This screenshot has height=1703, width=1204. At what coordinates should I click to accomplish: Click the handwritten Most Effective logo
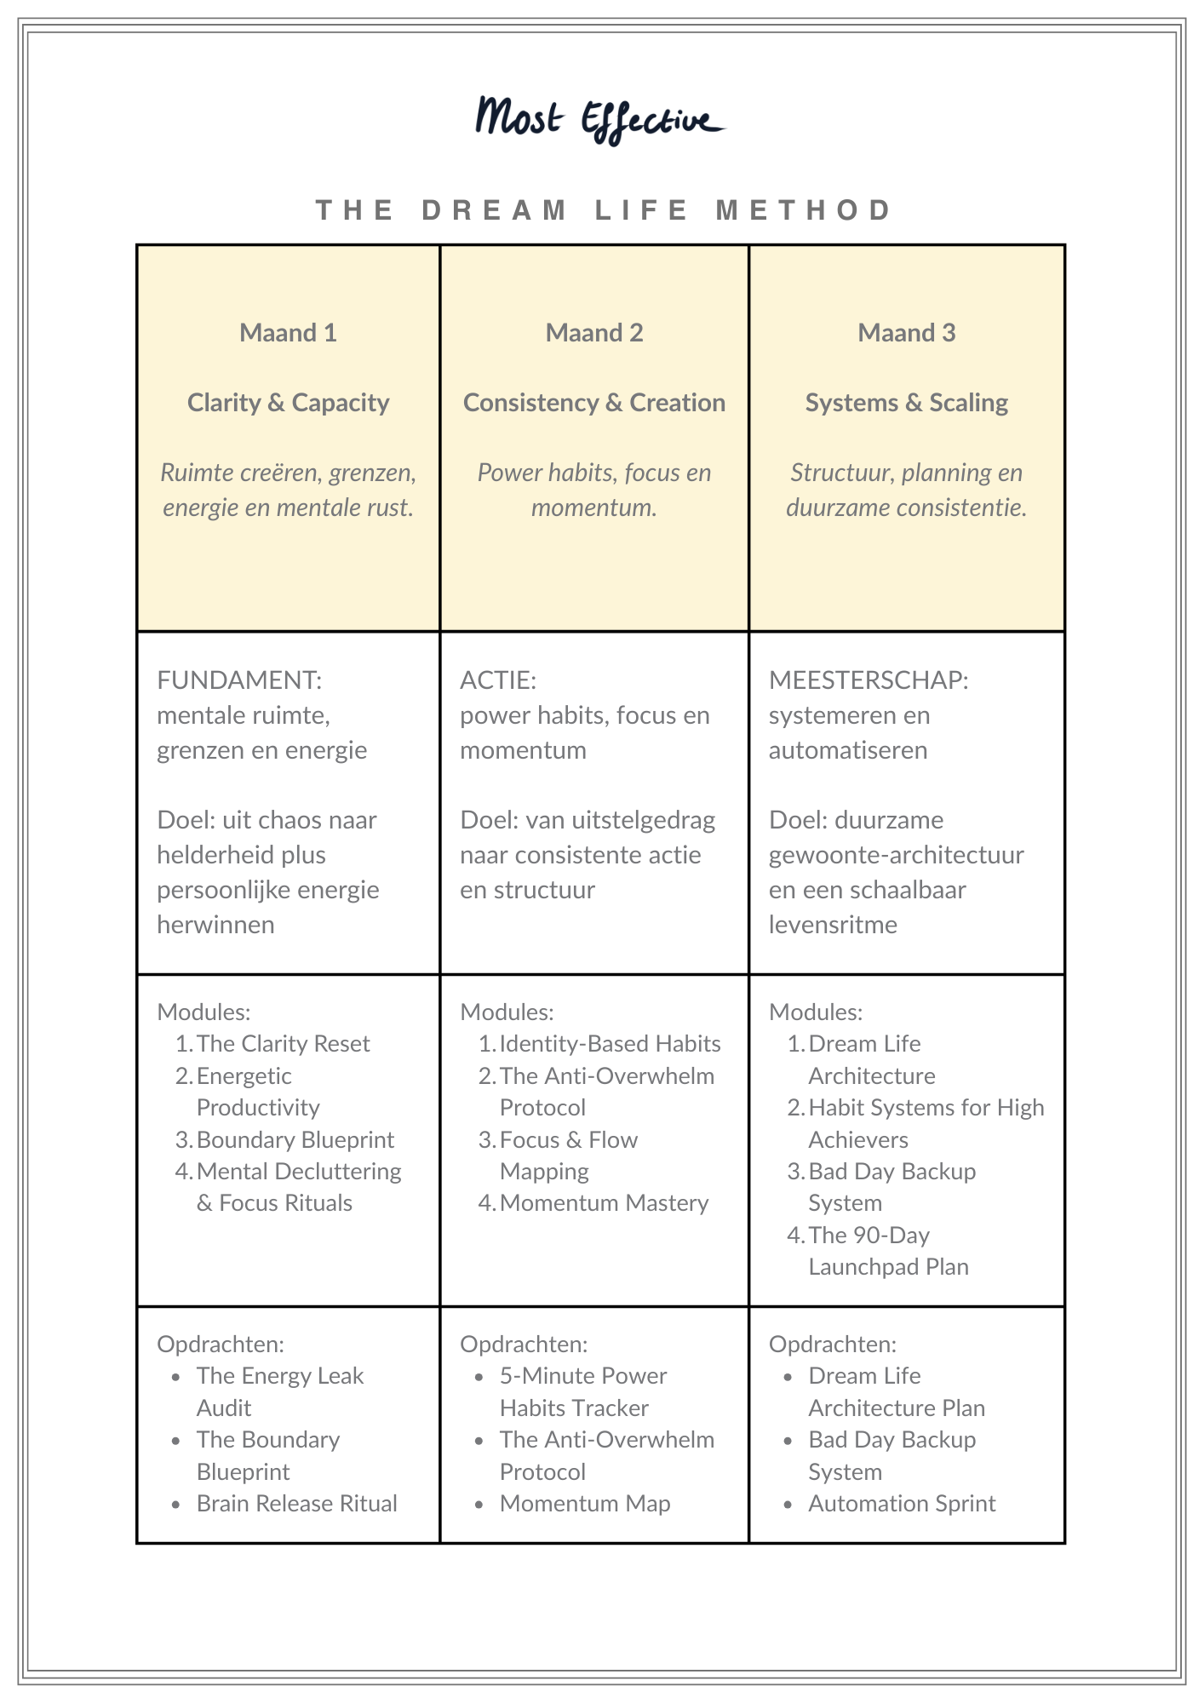coord(599,119)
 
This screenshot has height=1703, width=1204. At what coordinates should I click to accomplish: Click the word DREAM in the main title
coord(495,210)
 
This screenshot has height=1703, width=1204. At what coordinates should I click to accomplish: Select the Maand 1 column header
coord(288,333)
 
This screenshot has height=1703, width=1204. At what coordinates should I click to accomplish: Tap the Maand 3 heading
coord(906,333)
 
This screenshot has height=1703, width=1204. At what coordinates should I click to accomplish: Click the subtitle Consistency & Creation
coord(593,403)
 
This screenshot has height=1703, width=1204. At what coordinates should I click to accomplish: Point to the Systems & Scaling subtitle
coord(906,403)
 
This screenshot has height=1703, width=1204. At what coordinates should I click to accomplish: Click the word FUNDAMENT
coord(239,680)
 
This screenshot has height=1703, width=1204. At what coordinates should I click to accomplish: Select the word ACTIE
coord(498,680)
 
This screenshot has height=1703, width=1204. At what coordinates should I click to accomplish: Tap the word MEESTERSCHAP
coord(869,680)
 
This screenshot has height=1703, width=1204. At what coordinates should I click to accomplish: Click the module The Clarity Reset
coord(283,1044)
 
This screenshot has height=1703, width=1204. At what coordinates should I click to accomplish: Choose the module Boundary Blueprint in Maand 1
coord(295,1139)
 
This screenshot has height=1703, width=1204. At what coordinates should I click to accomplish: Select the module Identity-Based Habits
coord(610,1044)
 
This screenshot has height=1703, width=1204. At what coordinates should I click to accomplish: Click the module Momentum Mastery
coord(604,1203)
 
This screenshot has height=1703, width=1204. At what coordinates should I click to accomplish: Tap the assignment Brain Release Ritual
coord(296,1504)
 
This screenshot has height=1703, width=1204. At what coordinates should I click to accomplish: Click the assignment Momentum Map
coord(585,1504)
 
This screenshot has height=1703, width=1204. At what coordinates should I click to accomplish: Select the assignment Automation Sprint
coord(902,1504)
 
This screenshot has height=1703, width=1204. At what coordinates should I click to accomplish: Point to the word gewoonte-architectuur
coord(896,855)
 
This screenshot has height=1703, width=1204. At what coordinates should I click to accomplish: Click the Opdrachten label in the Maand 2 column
coord(524,1345)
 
